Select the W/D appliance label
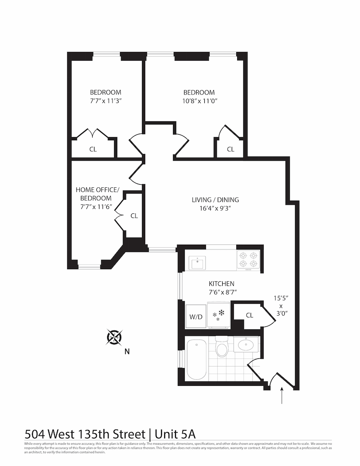pyautogui.click(x=195, y=317)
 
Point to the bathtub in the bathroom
pyautogui.click(x=197, y=359)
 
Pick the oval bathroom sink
pyautogui.click(x=247, y=346)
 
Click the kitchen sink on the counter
pyautogui.click(x=197, y=262)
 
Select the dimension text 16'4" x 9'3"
pyautogui.click(x=216, y=208)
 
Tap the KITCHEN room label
pyautogui.click(x=221, y=284)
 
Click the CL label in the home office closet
pyautogui.click(x=134, y=216)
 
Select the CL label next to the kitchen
pyautogui.click(x=249, y=315)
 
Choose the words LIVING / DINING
pyautogui.click(x=216, y=200)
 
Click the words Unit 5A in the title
pyautogui.click(x=175, y=434)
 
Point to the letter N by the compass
pyautogui.click(x=127, y=352)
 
